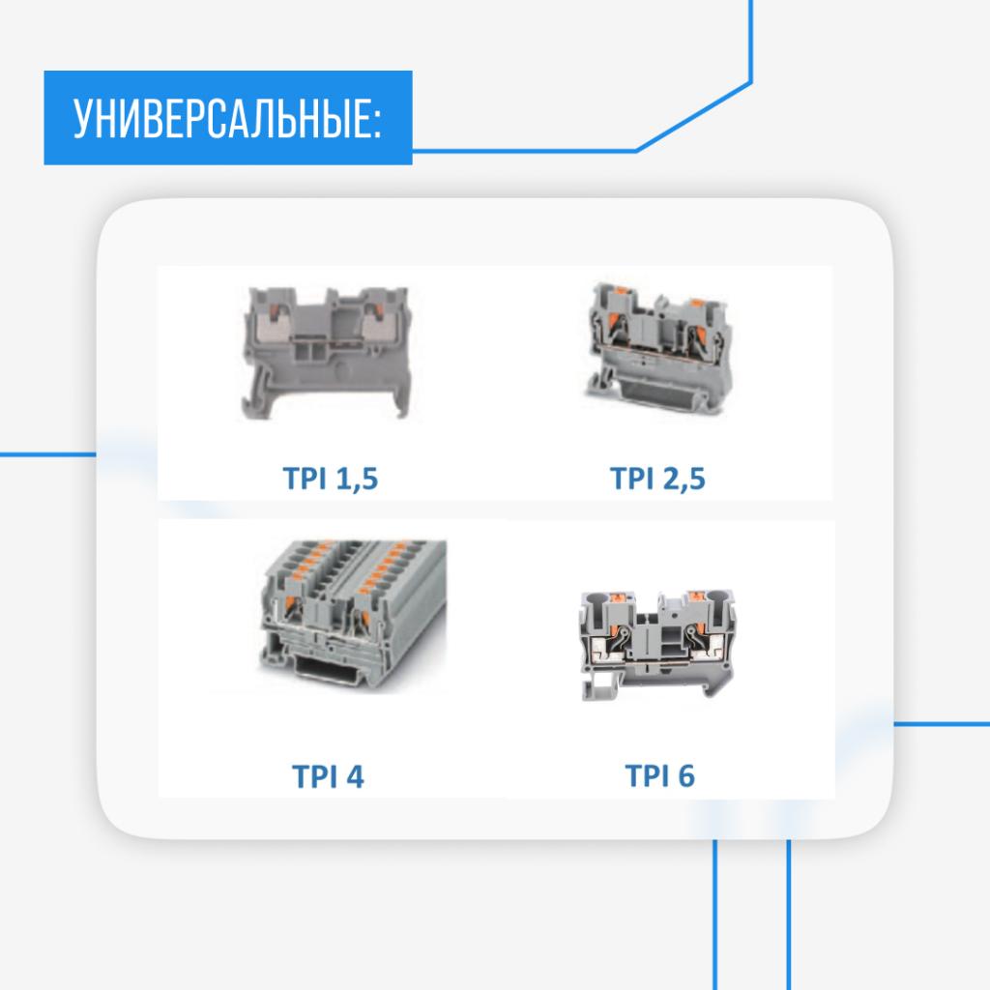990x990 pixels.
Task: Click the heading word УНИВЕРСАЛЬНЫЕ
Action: point(222,118)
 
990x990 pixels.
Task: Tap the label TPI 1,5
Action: point(331,478)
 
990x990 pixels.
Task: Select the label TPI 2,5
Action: point(657,478)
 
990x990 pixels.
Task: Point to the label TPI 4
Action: point(328,776)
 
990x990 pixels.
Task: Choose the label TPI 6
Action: point(659,775)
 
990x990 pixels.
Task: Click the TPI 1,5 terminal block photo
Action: point(327,352)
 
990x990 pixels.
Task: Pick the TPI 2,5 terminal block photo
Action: point(657,348)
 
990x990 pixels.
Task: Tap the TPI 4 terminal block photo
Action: point(352,615)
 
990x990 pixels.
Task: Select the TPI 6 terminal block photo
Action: point(657,645)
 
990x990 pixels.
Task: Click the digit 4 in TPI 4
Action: point(356,776)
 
